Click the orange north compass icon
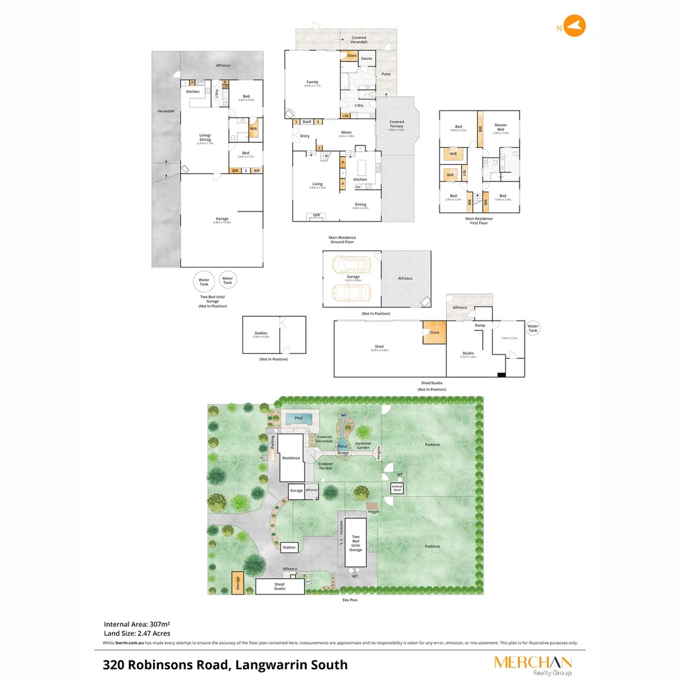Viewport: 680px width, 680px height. (x=574, y=26)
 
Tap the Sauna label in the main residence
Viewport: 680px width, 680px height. (x=366, y=59)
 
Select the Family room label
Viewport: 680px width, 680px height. (x=312, y=82)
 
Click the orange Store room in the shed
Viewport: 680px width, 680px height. (x=434, y=332)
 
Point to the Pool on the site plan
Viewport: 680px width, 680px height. (x=298, y=418)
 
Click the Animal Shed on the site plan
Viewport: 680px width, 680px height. (x=397, y=488)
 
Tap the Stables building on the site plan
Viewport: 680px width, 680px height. (x=289, y=547)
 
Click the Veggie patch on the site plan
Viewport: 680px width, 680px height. (x=373, y=511)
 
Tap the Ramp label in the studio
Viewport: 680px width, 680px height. (x=480, y=326)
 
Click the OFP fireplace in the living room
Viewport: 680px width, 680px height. (x=317, y=216)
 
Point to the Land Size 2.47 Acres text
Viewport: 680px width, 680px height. (x=137, y=633)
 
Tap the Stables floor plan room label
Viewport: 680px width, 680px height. (x=261, y=334)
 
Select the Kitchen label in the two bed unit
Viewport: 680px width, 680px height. (x=193, y=92)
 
